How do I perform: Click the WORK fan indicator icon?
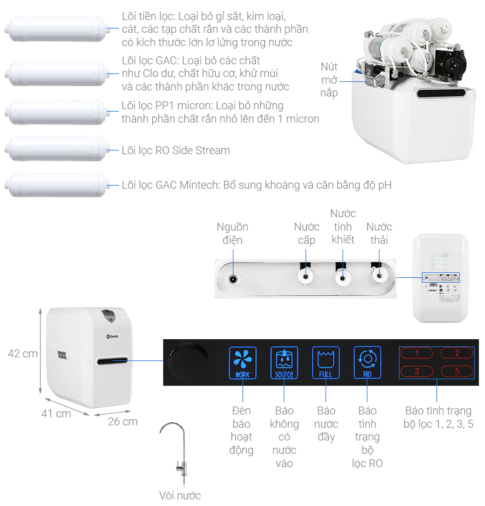click(242, 362)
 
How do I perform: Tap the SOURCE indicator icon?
click(284, 362)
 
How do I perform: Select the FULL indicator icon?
click(326, 362)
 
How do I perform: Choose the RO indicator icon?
click(367, 362)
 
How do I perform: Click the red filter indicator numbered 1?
click(416, 353)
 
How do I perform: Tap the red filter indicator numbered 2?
click(457, 353)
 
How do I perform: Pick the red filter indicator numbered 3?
click(416, 371)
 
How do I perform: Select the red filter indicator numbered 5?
click(457, 371)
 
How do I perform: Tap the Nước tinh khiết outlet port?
click(343, 279)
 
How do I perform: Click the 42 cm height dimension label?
click(22, 354)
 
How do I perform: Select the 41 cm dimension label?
click(56, 414)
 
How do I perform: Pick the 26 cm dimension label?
click(122, 421)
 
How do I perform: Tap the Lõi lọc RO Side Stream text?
click(176, 150)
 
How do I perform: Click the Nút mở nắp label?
click(329, 79)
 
